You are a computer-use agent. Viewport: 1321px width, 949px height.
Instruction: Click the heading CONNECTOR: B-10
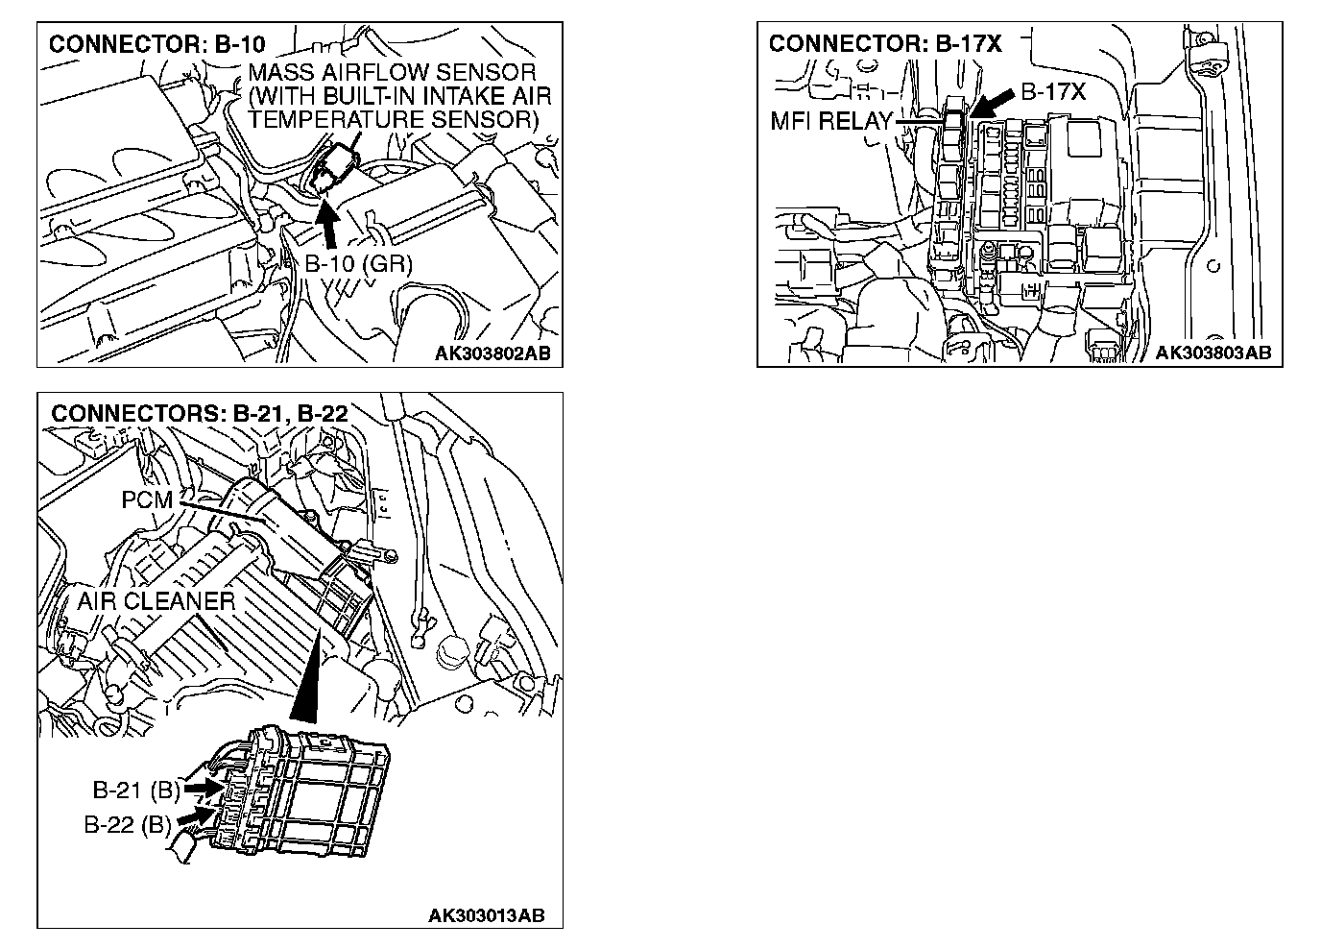[x=156, y=44]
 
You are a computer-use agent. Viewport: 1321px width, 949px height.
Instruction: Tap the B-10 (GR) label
[x=358, y=263]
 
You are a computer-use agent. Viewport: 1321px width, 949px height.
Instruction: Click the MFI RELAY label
[x=831, y=122]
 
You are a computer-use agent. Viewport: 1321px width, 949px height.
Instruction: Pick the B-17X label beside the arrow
[x=1052, y=92]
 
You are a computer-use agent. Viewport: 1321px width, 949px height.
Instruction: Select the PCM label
[x=147, y=500]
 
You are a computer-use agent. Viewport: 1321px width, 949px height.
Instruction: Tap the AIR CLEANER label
[x=156, y=601]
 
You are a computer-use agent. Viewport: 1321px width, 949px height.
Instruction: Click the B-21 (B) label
[x=136, y=791]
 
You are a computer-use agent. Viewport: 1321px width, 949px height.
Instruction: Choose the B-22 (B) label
[x=128, y=824]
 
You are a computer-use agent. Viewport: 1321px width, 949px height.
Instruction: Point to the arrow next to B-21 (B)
[x=202, y=787]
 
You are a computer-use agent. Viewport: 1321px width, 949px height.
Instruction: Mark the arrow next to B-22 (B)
[x=195, y=816]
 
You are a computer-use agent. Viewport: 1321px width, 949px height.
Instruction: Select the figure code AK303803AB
[x=1213, y=353]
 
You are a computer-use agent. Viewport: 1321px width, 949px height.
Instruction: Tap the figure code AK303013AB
[x=486, y=915]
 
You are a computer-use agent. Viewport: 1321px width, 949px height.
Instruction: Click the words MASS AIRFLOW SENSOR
[x=392, y=73]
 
